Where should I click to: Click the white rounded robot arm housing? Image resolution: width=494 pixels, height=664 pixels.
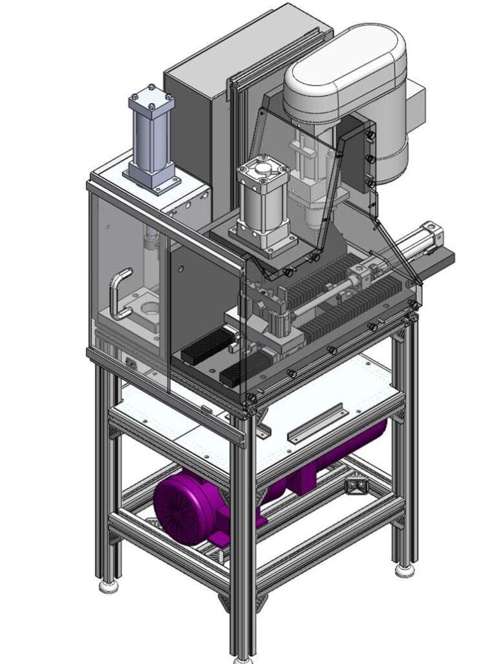[x=346, y=68]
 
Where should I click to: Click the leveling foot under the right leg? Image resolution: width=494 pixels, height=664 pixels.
[x=405, y=570]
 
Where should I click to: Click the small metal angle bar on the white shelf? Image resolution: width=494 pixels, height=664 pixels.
[x=315, y=423]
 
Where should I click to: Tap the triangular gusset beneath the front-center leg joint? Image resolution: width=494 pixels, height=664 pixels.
[x=227, y=602]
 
